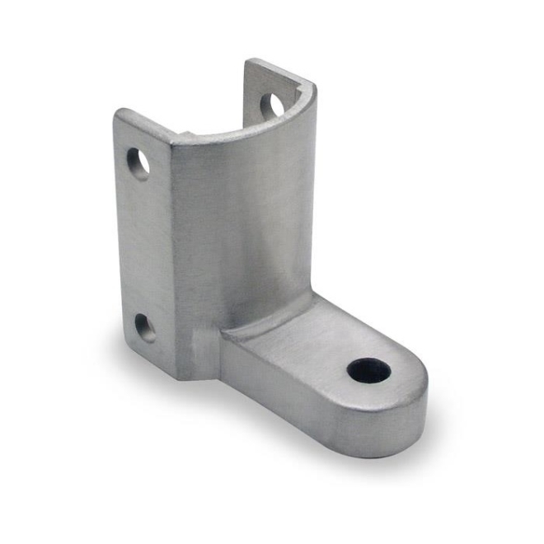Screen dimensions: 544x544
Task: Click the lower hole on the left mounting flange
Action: pos(143,328)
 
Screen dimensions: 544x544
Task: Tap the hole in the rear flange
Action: pos(272,104)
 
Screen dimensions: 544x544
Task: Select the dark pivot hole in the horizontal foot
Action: pos(367,371)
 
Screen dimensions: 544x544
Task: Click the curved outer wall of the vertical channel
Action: pos(239,239)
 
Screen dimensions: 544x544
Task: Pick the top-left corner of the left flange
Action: pos(118,113)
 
